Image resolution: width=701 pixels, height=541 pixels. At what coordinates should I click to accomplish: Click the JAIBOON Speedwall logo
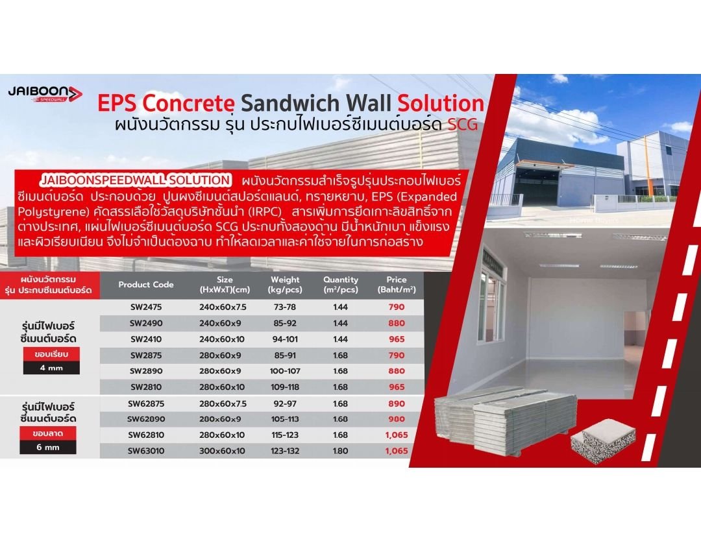coord(45,94)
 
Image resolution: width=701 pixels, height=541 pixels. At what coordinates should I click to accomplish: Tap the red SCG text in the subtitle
coord(463,125)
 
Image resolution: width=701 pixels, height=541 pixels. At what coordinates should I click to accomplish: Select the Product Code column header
coord(146,285)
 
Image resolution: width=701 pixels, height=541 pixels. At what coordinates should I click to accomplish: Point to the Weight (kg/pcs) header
coord(285,285)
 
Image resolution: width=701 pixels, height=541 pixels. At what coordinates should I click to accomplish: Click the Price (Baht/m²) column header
coord(397,285)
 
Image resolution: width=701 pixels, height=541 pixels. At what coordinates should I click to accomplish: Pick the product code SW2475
coord(146,307)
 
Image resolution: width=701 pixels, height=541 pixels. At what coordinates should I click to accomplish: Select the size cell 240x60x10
coord(222,339)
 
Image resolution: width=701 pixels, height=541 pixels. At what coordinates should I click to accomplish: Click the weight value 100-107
coord(285,371)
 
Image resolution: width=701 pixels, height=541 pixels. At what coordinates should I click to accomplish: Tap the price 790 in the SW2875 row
coord(397,355)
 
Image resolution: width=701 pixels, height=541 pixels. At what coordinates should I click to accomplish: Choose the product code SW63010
coord(146,451)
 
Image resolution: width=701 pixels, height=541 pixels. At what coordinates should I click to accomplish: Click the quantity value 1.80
coord(340,451)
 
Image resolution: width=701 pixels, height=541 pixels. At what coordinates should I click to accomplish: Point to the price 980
coord(397,419)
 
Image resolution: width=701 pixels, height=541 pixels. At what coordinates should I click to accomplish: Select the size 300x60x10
coord(222,451)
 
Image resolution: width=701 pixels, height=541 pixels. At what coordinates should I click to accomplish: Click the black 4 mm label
coord(51,368)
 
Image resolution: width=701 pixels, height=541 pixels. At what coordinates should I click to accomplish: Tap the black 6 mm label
coord(48,447)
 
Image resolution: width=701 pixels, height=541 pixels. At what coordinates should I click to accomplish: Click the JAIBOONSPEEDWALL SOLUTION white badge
coord(136,180)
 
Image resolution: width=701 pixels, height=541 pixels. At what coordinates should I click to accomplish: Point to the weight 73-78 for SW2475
coord(285,307)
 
